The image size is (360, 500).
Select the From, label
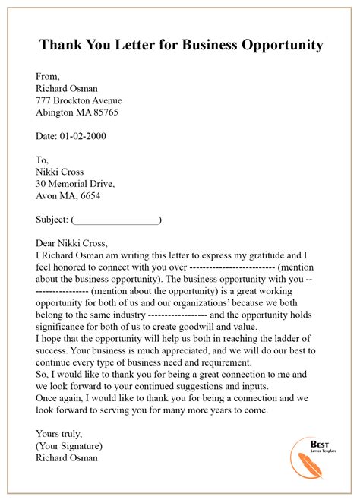click(x=49, y=76)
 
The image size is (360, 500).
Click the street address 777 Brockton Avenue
click(x=79, y=100)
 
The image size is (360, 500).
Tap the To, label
click(x=43, y=160)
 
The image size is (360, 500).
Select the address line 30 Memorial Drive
click(x=75, y=184)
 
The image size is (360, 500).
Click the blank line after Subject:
click(x=116, y=220)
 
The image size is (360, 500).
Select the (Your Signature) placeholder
click(x=69, y=446)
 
